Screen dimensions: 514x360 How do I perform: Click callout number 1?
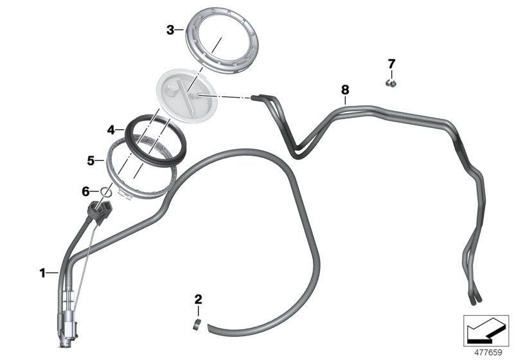tap(42, 273)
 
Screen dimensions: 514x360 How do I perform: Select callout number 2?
tap(199, 300)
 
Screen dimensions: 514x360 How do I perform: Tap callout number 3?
tap(170, 30)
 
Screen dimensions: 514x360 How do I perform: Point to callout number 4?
tap(111, 130)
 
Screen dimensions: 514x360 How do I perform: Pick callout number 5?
tap(91, 161)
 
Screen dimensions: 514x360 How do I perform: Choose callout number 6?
tap(85, 192)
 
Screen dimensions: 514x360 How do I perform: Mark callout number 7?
tap(392, 64)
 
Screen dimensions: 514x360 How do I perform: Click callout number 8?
tap(345, 90)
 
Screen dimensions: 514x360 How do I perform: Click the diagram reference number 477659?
tap(488, 353)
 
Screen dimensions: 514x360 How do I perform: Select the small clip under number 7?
tap(391, 84)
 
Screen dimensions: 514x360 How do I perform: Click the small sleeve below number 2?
tap(197, 325)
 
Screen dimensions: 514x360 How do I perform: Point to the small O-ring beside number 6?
tap(106, 192)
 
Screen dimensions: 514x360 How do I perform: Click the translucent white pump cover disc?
tap(187, 96)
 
